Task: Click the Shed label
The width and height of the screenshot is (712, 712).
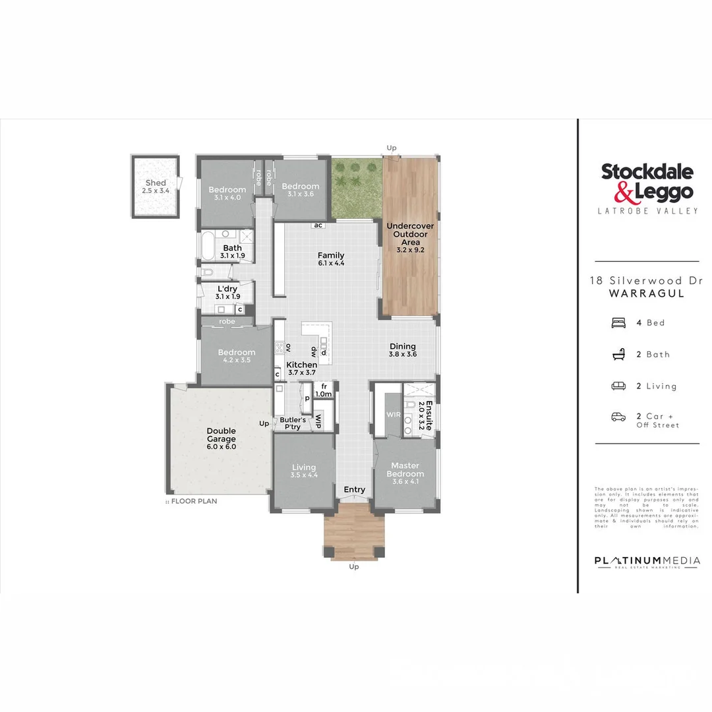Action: pyautogui.click(x=156, y=183)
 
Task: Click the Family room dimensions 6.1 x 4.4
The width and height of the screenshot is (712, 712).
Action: pyautogui.click(x=331, y=263)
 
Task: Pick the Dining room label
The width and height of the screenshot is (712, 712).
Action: pyautogui.click(x=402, y=347)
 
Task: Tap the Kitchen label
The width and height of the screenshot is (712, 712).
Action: pyautogui.click(x=302, y=365)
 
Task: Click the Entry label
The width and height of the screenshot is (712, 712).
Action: pyautogui.click(x=354, y=489)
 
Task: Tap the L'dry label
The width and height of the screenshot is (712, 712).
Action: pyautogui.click(x=227, y=289)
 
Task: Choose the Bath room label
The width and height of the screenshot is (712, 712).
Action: pyautogui.click(x=232, y=248)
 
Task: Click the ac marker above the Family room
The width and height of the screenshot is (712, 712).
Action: pyautogui.click(x=318, y=225)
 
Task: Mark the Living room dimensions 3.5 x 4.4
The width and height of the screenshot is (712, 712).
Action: pyautogui.click(x=304, y=475)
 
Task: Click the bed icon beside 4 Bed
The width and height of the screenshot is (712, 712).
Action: pyautogui.click(x=619, y=322)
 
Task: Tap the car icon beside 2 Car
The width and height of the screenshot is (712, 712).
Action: pyautogui.click(x=619, y=417)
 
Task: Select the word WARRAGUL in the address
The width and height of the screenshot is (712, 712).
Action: pyautogui.click(x=647, y=293)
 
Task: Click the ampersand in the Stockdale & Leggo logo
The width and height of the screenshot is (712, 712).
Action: pyautogui.click(x=624, y=192)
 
